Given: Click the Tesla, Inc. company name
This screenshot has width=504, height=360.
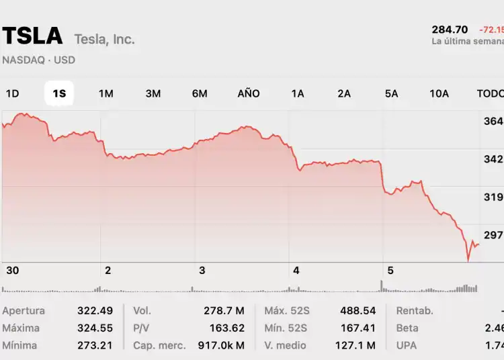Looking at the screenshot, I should click(104, 39).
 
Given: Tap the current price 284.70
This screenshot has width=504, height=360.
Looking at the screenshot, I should click(450, 30).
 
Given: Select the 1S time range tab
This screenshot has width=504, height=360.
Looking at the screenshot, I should click(59, 93).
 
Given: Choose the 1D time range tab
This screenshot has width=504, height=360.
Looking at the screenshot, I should click(12, 93).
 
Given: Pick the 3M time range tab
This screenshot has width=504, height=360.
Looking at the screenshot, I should click(153, 93).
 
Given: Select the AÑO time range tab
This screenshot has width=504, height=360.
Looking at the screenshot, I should click(249, 93).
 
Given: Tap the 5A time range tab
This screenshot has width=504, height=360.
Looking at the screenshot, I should click(391, 93).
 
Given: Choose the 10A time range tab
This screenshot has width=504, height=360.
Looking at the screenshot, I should click(439, 93).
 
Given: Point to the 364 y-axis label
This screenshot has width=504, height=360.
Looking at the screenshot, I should click(493, 121).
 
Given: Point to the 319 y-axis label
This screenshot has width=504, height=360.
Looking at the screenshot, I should click(493, 197).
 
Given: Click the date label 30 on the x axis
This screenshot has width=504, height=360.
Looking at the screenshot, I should click(12, 270).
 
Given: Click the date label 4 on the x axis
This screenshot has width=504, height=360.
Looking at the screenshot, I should click(296, 270).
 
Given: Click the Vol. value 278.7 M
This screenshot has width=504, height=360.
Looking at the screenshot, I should click(224, 311).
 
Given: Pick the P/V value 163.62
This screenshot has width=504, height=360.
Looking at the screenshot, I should click(226, 328).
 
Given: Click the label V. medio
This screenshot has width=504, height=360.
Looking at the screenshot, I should click(286, 345).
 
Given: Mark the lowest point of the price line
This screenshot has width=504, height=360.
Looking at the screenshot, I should click(468, 260).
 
